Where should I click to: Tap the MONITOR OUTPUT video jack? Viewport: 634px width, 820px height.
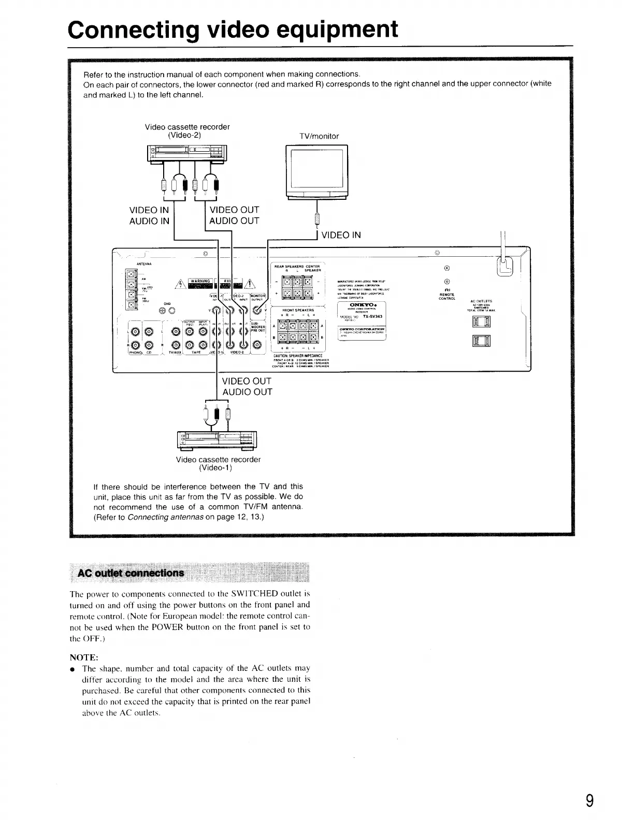tap(257, 311)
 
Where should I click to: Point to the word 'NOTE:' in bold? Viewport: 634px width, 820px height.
tap(84, 657)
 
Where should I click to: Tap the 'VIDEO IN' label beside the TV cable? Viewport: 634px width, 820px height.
tap(341, 236)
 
